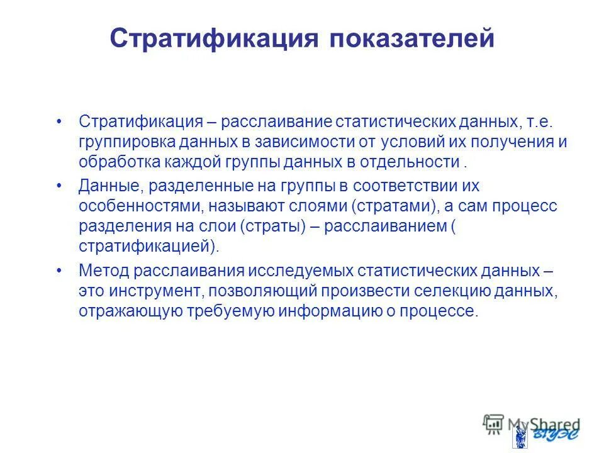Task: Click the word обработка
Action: tap(115, 162)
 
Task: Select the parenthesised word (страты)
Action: tap(275, 227)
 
